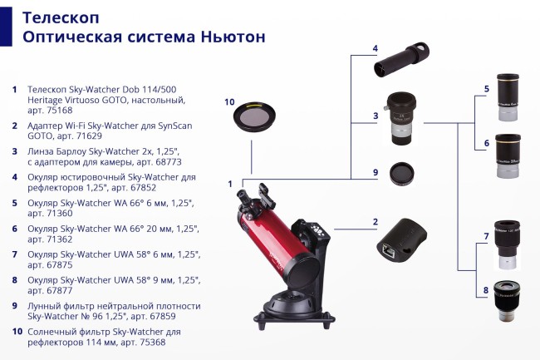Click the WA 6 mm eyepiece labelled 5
[509, 97]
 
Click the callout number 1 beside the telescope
[230, 183]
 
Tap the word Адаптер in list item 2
[50, 126]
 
